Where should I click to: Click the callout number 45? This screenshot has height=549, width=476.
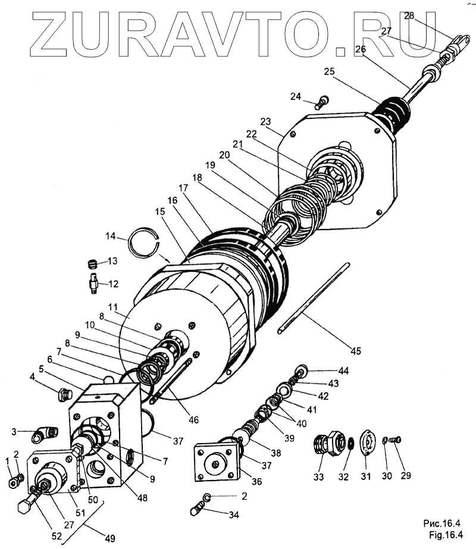coord(355,351)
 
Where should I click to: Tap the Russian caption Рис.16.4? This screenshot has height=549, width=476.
coord(442,523)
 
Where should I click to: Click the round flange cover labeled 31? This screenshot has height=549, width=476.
coord(369,443)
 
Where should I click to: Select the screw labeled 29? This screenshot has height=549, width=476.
coord(396,440)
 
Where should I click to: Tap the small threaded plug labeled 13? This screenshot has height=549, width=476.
coord(92,263)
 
